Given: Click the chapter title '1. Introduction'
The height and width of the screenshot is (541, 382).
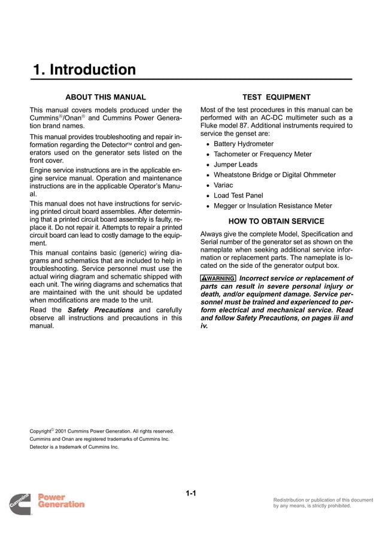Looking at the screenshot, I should [84, 70].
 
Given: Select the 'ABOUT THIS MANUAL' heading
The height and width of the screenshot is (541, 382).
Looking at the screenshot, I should [105, 97].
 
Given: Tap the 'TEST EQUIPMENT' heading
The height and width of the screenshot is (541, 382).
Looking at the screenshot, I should [276, 97].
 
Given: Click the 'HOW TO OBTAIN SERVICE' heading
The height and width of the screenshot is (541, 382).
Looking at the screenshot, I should [276, 221].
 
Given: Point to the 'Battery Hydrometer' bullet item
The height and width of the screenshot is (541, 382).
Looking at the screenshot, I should [243, 144].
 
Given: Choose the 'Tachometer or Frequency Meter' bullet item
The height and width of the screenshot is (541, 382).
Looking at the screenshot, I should [262, 154].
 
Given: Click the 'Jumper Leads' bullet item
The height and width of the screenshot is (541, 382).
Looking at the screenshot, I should [235, 164].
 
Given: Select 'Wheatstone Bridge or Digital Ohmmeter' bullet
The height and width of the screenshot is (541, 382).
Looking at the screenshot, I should [274, 175].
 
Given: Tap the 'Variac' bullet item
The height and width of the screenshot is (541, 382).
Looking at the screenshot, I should [223, 185].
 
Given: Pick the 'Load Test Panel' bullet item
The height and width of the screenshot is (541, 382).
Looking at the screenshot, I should [238, 195].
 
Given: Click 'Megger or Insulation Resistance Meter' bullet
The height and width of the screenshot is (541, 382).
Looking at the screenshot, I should [272, 206].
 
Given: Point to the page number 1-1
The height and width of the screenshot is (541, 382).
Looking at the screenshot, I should [191, 493].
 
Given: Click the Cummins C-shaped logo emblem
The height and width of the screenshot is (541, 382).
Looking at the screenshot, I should [20, 504].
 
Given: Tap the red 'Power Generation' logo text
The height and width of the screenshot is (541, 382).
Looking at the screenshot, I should [61, 501].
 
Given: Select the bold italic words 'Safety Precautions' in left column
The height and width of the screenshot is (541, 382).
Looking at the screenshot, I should [101, 310].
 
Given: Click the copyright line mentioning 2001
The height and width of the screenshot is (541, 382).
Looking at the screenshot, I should [102, 431].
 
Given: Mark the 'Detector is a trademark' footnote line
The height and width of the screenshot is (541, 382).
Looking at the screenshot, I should [74, 447].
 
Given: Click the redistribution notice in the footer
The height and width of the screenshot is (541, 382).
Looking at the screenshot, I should [323, 503].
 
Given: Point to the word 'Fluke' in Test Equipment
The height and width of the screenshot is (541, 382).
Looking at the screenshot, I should [210, 126].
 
